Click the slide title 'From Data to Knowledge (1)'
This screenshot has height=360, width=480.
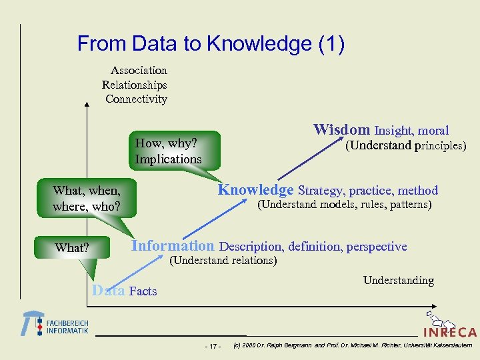[x=211, y=44]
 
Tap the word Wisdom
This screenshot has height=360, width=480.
[x=342, y=129]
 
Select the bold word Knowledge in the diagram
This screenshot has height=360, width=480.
[x=256, y=189]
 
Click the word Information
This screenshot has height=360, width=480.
[x=173, y=245]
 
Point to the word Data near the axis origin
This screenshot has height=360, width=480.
[x=108, y=290]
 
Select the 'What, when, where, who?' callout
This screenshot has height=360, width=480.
[x=87, y=199]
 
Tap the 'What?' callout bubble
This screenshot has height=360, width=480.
[x=72, y=248]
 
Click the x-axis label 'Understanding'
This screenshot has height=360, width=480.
[x=398, y=281]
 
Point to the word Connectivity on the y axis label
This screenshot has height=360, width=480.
[x=136, y=99]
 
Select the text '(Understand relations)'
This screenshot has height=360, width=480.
[x=223, y=261]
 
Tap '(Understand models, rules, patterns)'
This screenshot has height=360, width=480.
[x=345, y=204]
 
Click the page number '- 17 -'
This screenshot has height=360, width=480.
[x=213, y=346]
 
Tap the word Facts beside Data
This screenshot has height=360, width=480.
[x=143, y=291]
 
